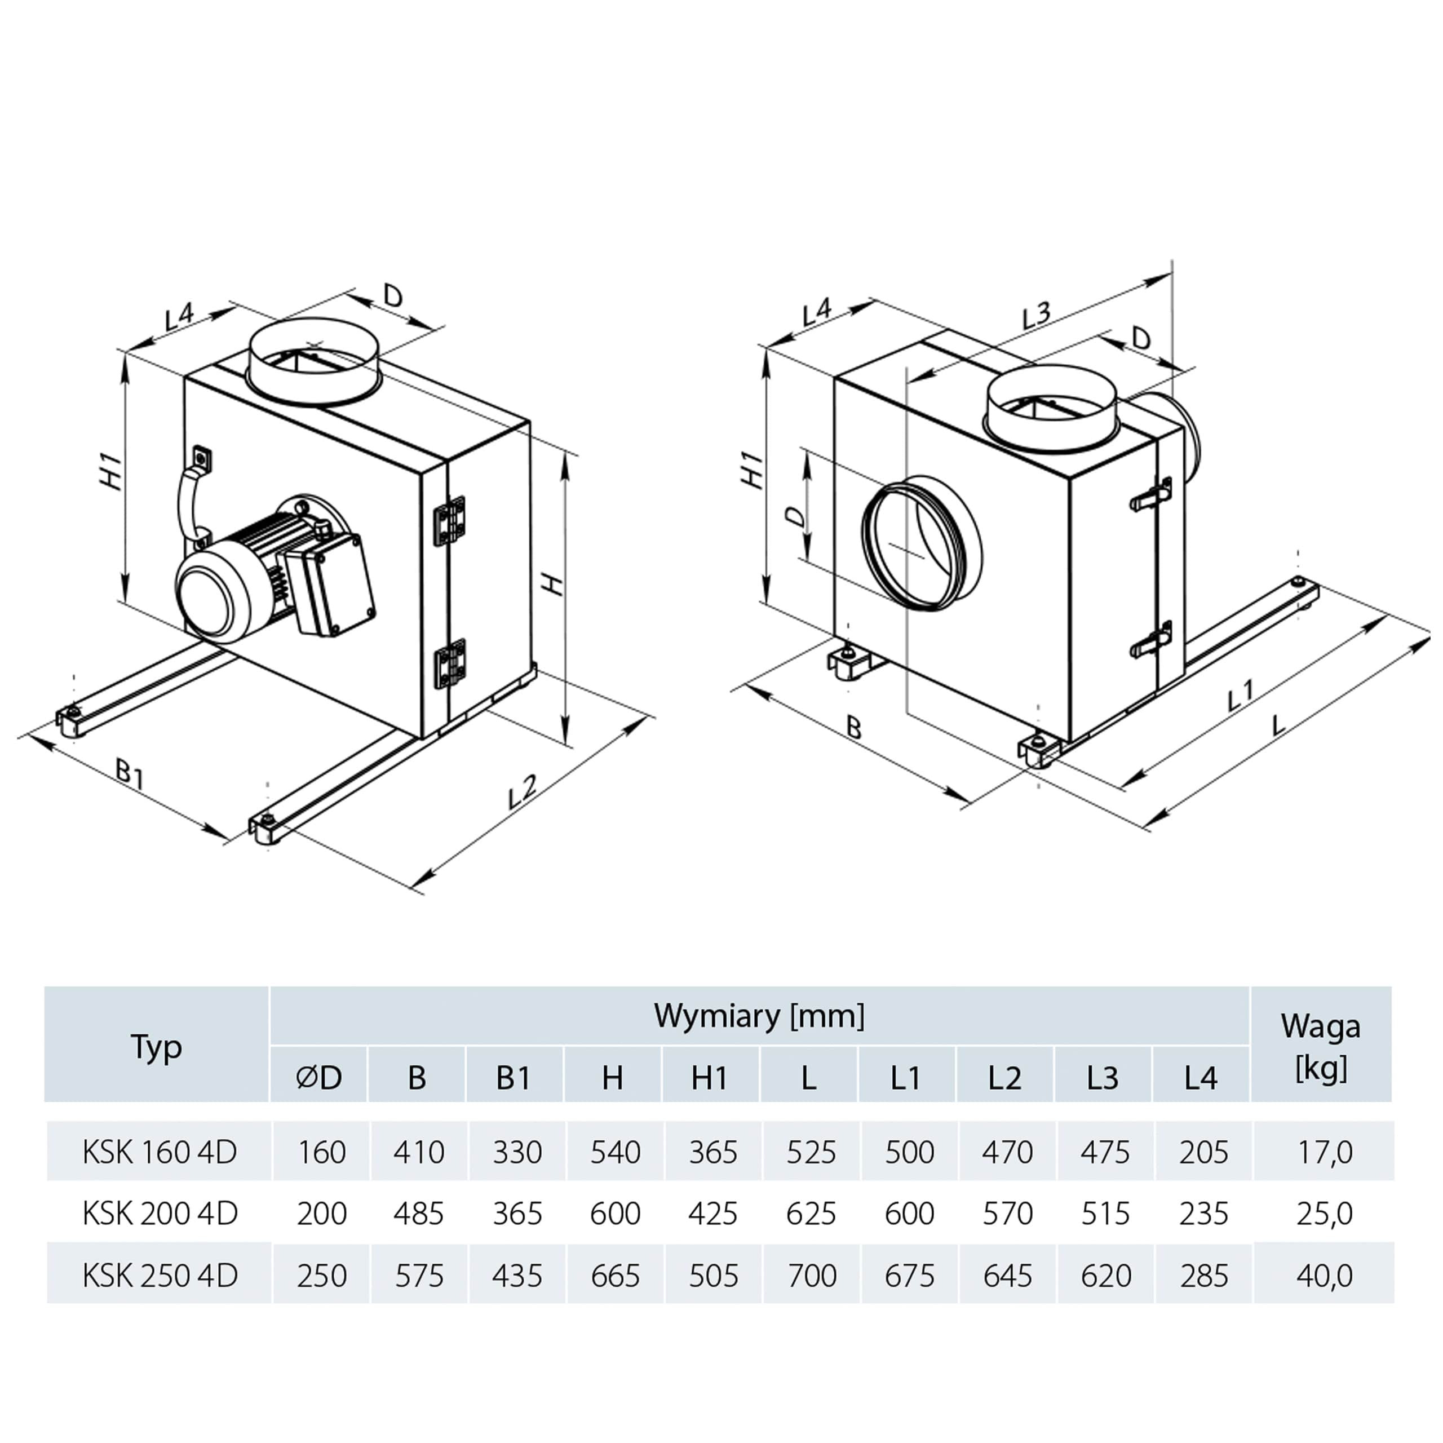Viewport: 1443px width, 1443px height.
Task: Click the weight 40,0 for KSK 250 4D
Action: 1324,1275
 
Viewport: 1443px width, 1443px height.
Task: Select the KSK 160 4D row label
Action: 159,1153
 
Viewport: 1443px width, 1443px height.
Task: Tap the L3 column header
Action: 1103,1078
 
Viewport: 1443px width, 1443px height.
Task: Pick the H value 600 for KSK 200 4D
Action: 615,1214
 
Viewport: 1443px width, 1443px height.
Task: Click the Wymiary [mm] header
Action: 759,1016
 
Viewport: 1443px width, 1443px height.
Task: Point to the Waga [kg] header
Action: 1321,1046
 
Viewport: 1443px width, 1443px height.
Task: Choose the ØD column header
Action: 319,1078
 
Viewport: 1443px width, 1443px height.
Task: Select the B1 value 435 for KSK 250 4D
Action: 516,1275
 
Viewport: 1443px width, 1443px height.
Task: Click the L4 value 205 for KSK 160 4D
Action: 1203,1153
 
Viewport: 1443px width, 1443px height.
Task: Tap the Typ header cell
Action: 156,1046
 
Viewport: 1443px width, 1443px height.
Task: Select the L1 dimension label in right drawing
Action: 1241,694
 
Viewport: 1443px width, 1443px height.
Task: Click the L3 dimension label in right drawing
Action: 1037,315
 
